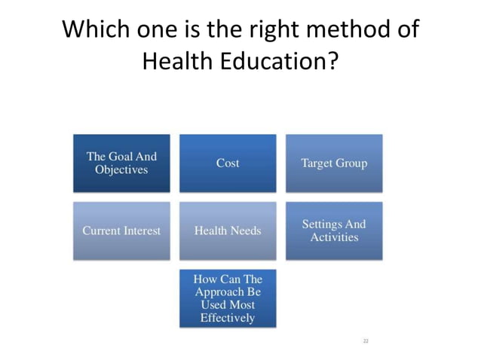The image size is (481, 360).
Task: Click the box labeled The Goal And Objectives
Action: click(x=121, y=163)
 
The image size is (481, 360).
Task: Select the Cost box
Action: click(x=228, y=163)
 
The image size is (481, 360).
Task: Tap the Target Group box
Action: click(x=334, y=163)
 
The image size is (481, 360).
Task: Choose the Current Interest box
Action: click(x=121, y=230)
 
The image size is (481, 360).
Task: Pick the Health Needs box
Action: click(x=228, y=230)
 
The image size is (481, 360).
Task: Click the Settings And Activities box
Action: click(x=334, y=230)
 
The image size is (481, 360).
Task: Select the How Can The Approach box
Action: click(x=228, y=298)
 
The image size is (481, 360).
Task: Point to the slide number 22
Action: click(x=366, y=341)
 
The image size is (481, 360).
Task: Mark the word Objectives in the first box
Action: click(x=121, y=169)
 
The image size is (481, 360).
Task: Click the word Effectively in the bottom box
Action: click(x=228, y=318)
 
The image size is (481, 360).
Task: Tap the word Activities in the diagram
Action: click(x=334, y=237)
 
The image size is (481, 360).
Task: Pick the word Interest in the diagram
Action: click(x=141, y=230)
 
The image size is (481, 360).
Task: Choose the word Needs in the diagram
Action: click(x=246, y=230)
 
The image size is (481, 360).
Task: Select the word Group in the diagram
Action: click(x=351, y=163)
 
